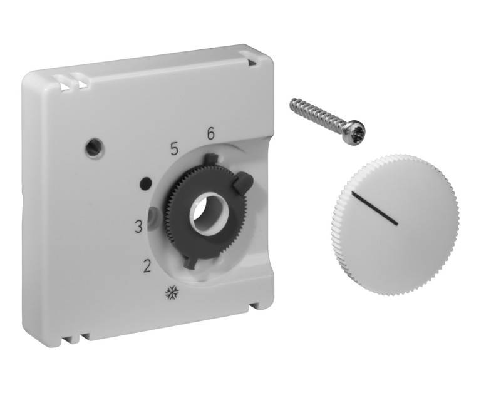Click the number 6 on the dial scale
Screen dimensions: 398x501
pos(210,133)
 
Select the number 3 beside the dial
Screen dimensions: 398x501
pos(140,227)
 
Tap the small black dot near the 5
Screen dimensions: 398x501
pos(145,184)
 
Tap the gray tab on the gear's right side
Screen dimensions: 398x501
pos(242,183)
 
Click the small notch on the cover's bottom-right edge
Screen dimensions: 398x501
pos(255,306)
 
